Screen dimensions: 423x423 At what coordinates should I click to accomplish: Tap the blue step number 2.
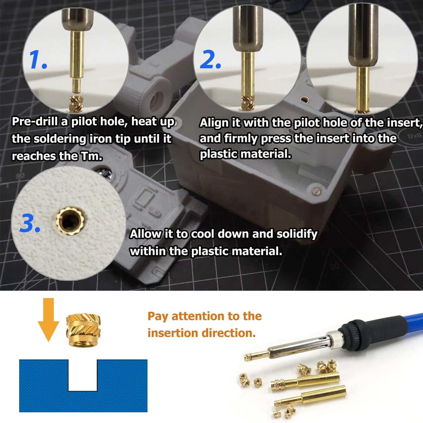210,60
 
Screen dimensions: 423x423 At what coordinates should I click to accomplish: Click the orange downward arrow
48,319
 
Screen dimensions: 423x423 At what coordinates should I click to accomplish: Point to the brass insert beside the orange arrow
83,330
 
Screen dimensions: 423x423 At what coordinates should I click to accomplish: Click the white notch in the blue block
83,376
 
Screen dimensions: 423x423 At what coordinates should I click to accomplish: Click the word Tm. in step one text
92,156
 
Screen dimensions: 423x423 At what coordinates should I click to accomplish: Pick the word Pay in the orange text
158,316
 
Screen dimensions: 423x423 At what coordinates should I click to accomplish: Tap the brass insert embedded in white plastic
70,221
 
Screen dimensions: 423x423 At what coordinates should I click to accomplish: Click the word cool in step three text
203,234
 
